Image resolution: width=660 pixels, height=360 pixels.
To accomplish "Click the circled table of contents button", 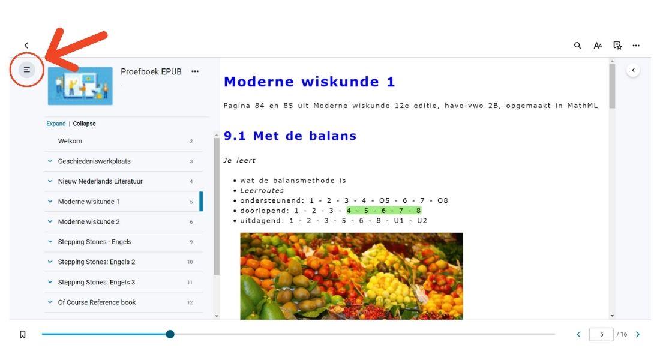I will click(x=27, y=70).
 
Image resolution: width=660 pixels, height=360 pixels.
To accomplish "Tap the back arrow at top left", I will click(x=26, y=46).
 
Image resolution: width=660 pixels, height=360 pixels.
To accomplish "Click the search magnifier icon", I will click(x=577, y=46).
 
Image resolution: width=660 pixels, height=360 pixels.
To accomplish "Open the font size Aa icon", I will click(x=598, y=46).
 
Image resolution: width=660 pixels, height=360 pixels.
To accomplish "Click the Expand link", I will click(x=56, y=124).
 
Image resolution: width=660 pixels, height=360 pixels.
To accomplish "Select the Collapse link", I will click(x=85, y=124).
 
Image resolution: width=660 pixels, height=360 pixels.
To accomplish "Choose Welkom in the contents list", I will click(x=70, y=141).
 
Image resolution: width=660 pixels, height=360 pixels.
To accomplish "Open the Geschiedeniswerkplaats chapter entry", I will click(x=94, y=161).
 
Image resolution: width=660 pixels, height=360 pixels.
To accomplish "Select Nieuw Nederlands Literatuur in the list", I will click(x=100, y=181).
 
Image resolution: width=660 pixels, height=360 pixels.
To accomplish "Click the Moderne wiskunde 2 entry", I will click(x=89, y=222).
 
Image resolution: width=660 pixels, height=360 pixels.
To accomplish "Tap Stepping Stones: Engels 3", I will click(x=97, y=282).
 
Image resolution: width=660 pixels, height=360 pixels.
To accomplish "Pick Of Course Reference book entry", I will click(x=97, y=302).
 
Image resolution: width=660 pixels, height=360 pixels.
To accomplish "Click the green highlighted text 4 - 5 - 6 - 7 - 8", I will click(x=383, y=211).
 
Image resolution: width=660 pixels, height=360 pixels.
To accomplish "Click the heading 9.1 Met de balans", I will click(x=290, y=136).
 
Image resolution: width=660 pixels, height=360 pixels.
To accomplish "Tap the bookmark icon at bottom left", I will click(x=23, y=334).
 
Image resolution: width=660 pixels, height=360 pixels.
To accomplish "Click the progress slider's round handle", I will click(x=170, y=334).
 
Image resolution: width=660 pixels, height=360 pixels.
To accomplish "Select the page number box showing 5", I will click(x=601, y=334).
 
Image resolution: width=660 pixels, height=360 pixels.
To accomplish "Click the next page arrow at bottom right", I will click(x=638, y=334).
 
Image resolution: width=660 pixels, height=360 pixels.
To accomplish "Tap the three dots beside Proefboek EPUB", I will click(x=195, y=71).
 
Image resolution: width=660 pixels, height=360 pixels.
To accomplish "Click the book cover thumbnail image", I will click(x=80, y=85).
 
